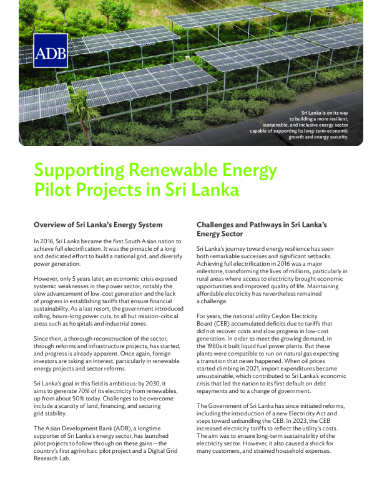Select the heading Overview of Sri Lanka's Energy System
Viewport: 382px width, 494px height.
click(x=98, y=225)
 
